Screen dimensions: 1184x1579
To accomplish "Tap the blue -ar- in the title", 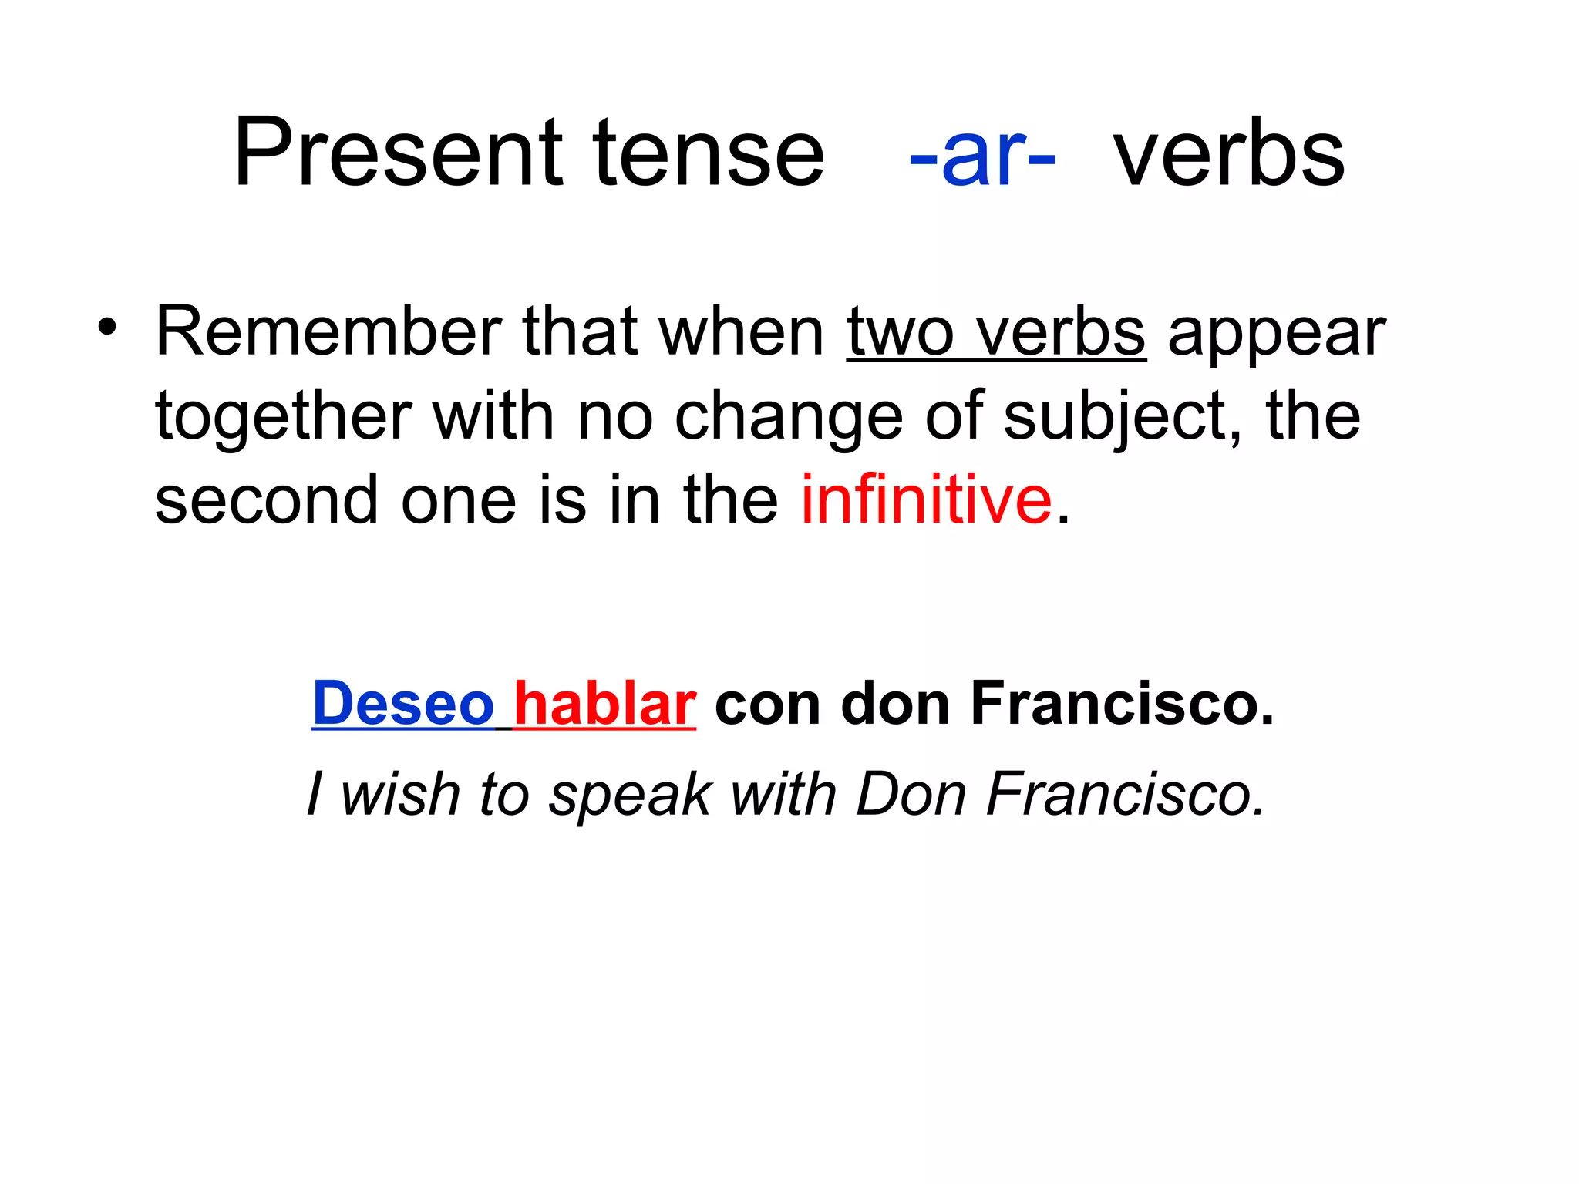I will click(x=981, y=154).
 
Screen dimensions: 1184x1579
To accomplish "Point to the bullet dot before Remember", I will click(x=108, y=327).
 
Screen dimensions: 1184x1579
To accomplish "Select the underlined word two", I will click(x=901, y=333).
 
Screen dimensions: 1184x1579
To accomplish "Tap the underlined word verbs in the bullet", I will click(x=1060, y=333).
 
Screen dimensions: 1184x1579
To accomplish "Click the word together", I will click(x=283, y=417).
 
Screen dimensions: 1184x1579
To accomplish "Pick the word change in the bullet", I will click(x=788, y=417).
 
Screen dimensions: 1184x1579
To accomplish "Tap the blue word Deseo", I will click(x=402, y=703).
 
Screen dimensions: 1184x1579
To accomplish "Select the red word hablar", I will click(x=604, y=703).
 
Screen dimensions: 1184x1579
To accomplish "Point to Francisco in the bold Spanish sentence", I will click(x=1122, y=703).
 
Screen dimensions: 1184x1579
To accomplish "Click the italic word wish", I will click(x=400, y=794).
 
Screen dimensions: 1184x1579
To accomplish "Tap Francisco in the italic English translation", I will click(x=1126, y=794).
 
